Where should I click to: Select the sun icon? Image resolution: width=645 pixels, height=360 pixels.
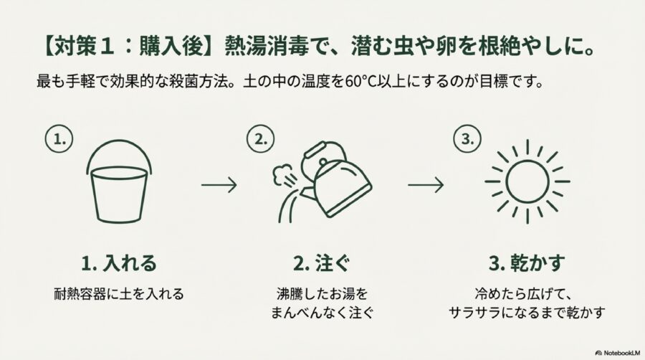pos(527,181)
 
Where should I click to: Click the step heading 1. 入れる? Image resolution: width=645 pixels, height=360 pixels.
pos(120,263)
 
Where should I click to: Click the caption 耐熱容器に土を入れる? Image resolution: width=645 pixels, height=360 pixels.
pos(120,293)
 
